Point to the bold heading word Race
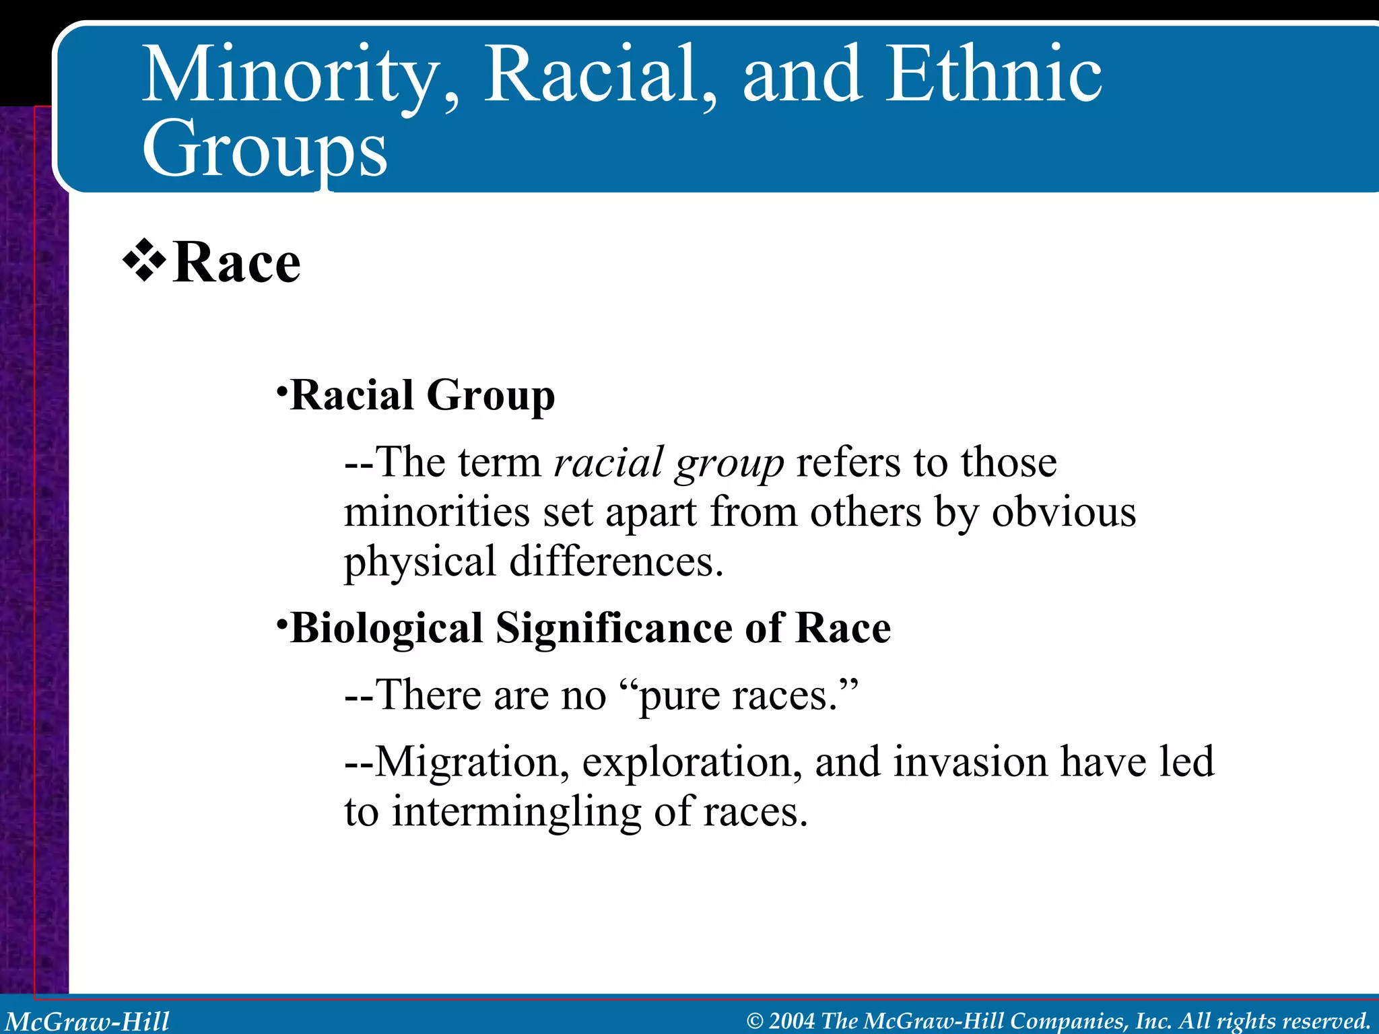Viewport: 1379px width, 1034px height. point(236,263)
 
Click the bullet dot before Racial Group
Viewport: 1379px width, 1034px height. point(282,390)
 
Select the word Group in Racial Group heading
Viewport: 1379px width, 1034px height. point(490,396)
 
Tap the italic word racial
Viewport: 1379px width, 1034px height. point(609,463)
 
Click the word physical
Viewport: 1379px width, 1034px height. point(419,563)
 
